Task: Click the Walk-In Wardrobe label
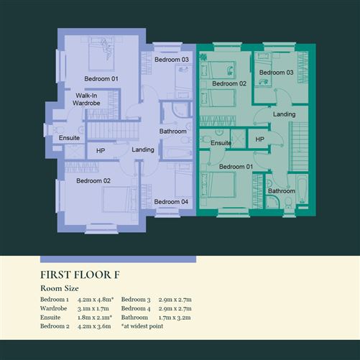[x=86, y=99]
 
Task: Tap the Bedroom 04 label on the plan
[x=172, y=201]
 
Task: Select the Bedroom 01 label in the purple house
[x=101, y=78]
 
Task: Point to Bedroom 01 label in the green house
[x=236, y=167]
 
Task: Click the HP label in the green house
[x=259, y=139]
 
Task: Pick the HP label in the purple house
[x=101, y=151]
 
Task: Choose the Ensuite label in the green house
[x=221, y=143]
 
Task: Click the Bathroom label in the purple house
[x=173, y=131]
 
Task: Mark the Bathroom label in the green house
[x=281, y=191]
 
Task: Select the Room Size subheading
[x=60, y=288]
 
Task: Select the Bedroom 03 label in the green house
[x=276, y=73]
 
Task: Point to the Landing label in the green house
[x=284, y=114]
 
